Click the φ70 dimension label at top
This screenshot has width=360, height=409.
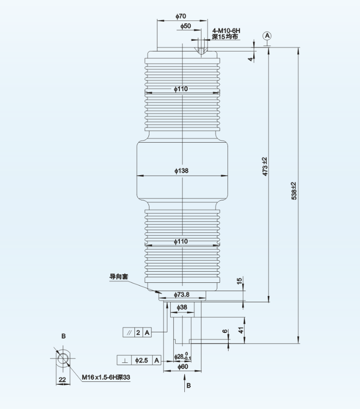pos(180,16)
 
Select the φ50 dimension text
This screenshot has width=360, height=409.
pos(185,26)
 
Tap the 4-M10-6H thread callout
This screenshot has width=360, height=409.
pos(226,31)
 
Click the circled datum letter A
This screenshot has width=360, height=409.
pos(267,36)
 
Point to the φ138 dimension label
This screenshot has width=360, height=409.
pos(181,171)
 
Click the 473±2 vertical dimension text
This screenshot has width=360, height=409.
pos(265,166)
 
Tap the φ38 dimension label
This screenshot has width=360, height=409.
pos(182,307)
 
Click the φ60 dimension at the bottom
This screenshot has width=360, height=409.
pos(182,367)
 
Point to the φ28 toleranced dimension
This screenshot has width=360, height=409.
pos(183,357)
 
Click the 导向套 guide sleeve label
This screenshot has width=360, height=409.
pos(118,277)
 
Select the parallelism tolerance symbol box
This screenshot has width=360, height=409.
pos(128,332)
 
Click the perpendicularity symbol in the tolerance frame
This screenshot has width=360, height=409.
pos(125,360)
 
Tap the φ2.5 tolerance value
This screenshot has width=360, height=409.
pos(142,360)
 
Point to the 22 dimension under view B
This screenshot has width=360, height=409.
pos(62,380)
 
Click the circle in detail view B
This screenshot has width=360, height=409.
pos(63,359)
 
